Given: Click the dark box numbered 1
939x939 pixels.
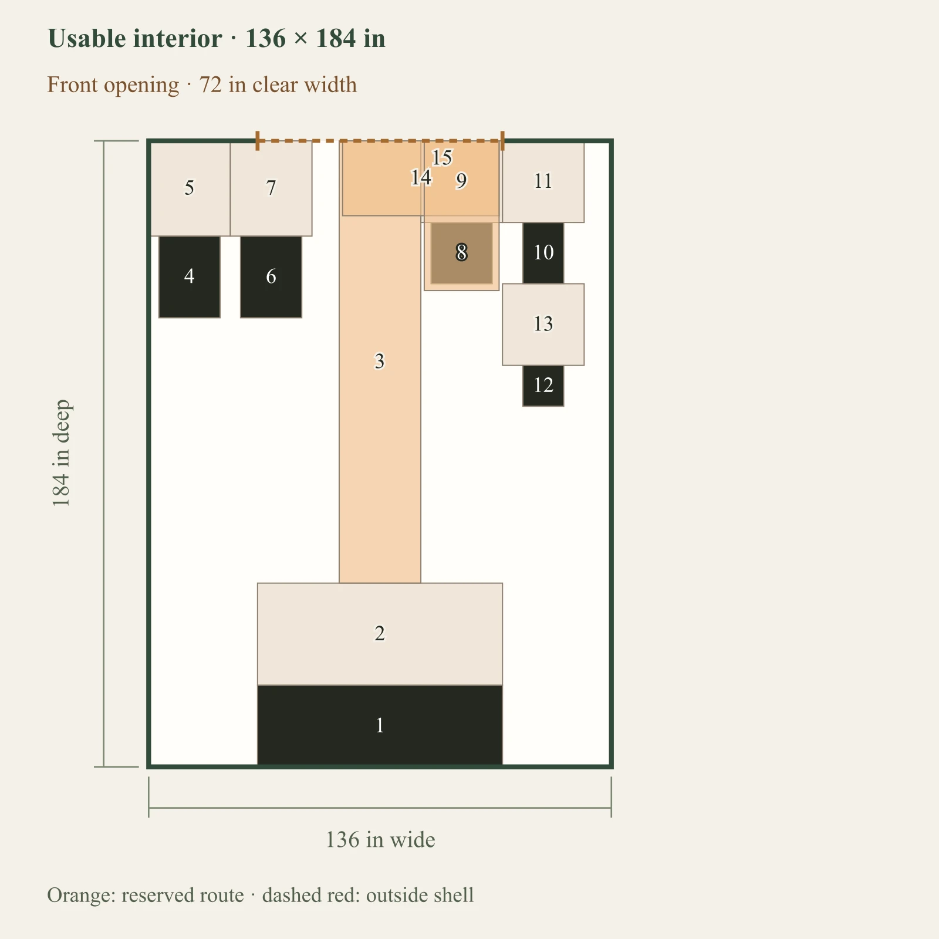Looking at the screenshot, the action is pyautogui.click(x=380, y=725).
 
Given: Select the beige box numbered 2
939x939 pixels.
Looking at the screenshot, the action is pyautogui.click(x=380, y=634).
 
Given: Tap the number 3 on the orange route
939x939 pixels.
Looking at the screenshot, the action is pyautogui.click(x=380, y=361).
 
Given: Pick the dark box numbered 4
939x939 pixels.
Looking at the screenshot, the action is pyautogui.click(x=189, y=277).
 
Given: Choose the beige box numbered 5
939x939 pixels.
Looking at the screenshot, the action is pyautogui.click(x=189, y=188).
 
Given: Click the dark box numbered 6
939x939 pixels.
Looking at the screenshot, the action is pyautogui.click(x=271, y=277).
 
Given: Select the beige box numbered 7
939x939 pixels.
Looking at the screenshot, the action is pyautogui.click(x=271, y=188).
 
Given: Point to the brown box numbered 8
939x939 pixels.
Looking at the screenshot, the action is pyautogui.click(x=462, y=253).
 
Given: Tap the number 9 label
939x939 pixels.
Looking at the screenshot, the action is pyautogui.click(x=462, y=181).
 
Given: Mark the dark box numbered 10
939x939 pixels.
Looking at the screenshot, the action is pyautogui.click(x=543, y=253).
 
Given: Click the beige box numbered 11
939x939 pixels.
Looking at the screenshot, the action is pyautogui.click(x=543, y=182).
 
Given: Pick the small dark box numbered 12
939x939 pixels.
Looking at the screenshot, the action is pyautogui.click(x=543, y=386).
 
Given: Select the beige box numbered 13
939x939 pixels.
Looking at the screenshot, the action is pyautogui.click(x=543, y=325).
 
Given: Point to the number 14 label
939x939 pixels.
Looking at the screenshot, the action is pyautogui.click(x=421, y=177).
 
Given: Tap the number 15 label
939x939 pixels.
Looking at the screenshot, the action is pyautogui.click(x=442, y=157).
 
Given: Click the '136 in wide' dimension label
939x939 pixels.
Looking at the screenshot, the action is pyautogui.click(x=380, y=840).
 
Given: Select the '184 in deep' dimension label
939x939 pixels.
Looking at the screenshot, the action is pyautogui.click(x=61, y=453).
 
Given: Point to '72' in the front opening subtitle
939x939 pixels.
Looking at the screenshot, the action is pyautogui.click(x=211, y=85).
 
